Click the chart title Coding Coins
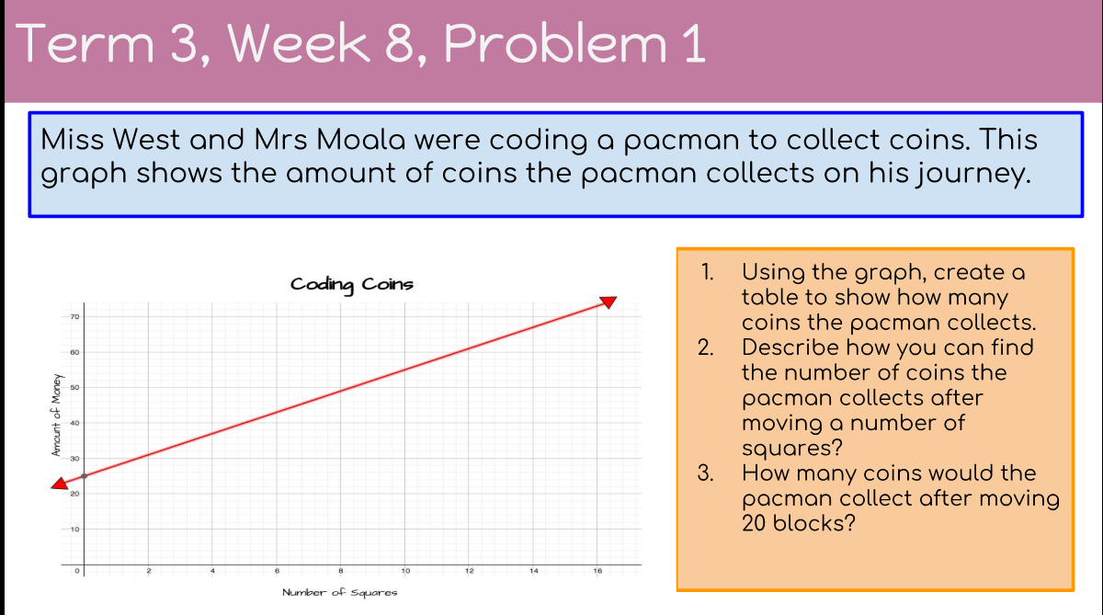(x=351, y=285)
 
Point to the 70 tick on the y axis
(x=74, y=316)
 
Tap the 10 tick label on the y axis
(x=74, y=530)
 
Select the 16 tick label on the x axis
(x=597, y=571)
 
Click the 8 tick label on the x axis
(x=341, y=571)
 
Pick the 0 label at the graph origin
(x=77, y=571)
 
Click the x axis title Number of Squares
(x=340, y=592)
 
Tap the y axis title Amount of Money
(x=57, y=416)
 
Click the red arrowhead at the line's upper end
(x=608, y=302)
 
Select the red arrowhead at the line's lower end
(x=60, y=484)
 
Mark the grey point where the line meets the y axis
(x=85, y=476)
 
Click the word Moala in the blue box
(x=360, y=140)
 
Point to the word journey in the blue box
(x=973, y=175)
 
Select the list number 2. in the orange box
(x=706, y=347)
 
